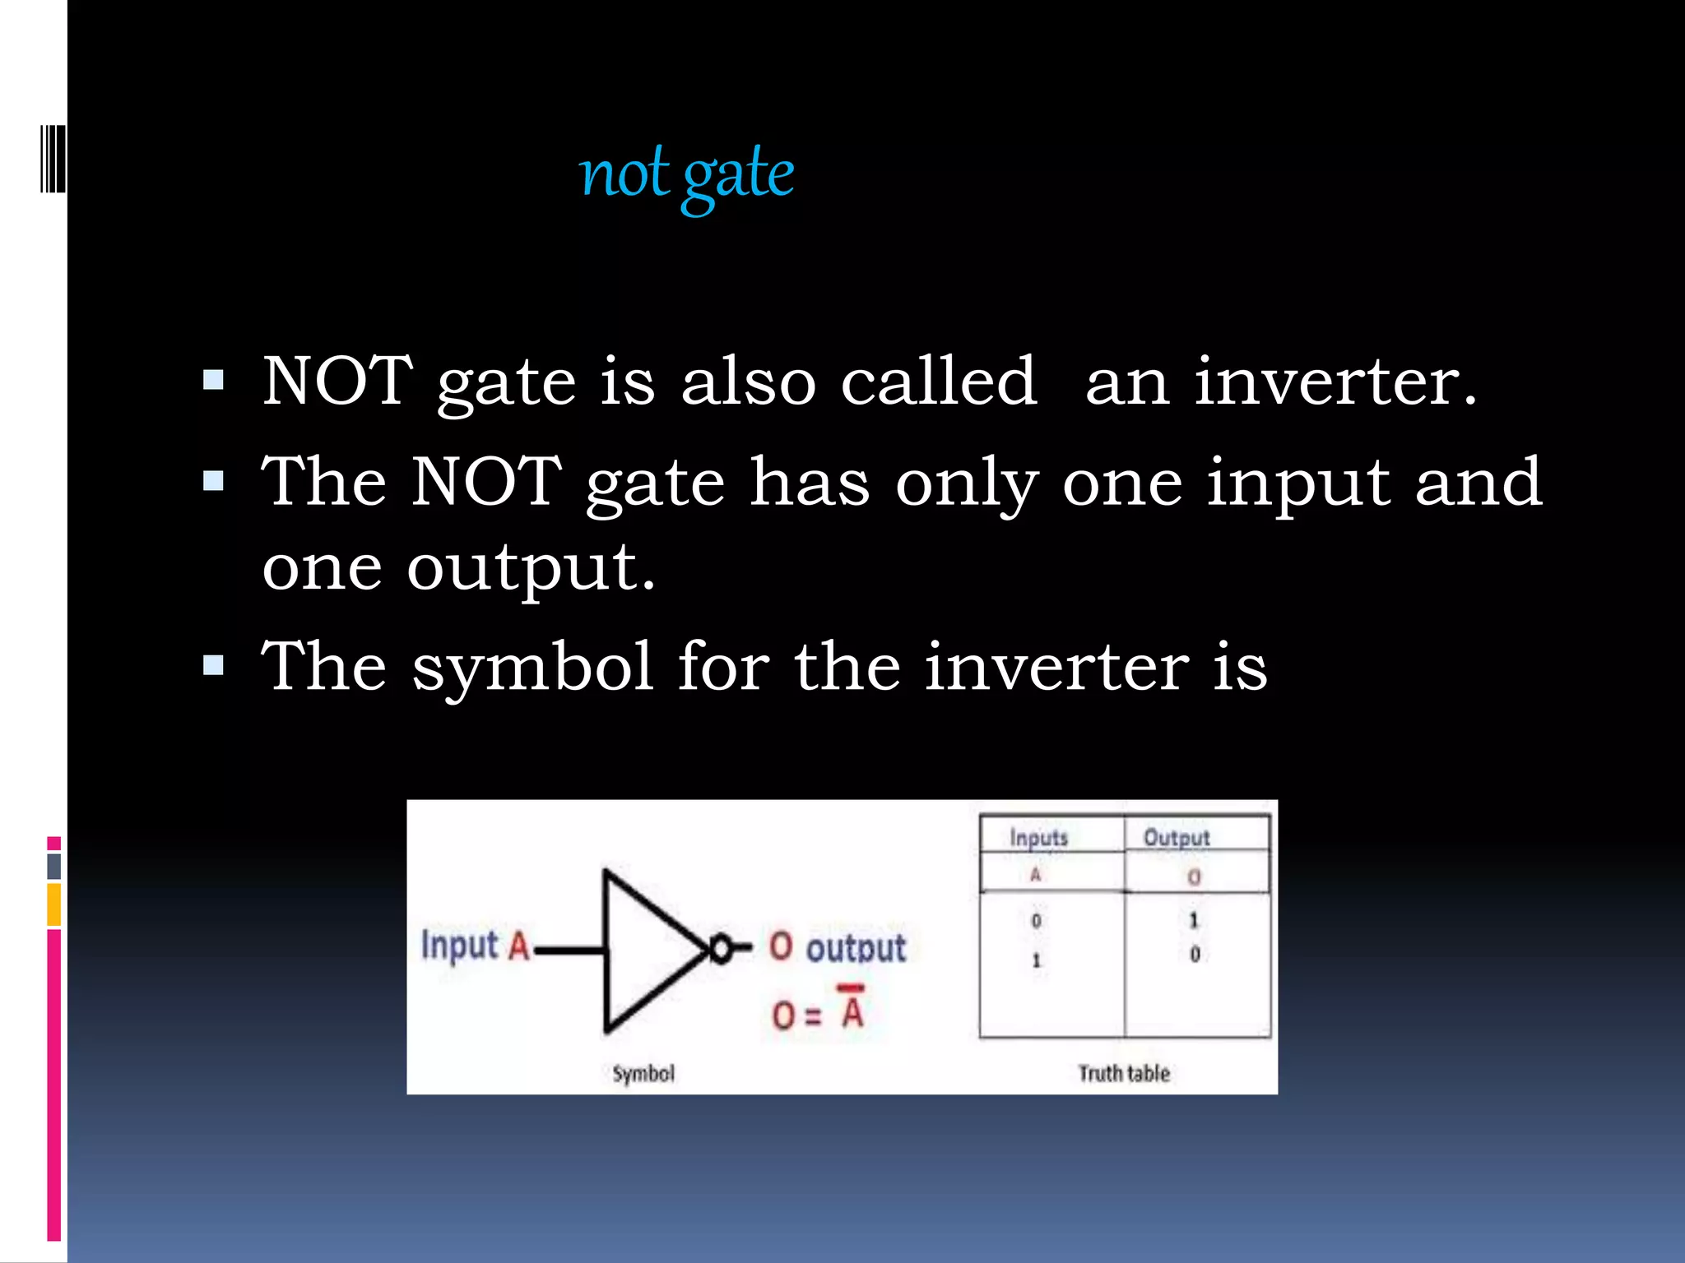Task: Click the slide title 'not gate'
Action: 686,174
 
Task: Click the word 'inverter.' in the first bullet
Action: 1335,382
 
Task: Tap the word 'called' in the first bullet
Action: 938,382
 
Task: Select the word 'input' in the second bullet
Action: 1298,483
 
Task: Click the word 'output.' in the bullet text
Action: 531,567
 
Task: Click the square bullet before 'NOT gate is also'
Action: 213,380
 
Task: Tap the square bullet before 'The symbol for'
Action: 213,664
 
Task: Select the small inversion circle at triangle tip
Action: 720,950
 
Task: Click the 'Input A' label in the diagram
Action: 475,946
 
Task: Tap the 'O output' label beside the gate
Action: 838,947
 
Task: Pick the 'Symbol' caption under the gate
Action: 643,1073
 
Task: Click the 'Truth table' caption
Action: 1124,1073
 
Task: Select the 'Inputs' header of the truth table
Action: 1038,838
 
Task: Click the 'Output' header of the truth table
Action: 1177,838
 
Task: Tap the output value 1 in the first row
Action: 1194,920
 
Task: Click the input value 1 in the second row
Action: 1036,960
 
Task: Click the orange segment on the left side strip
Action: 54,904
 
